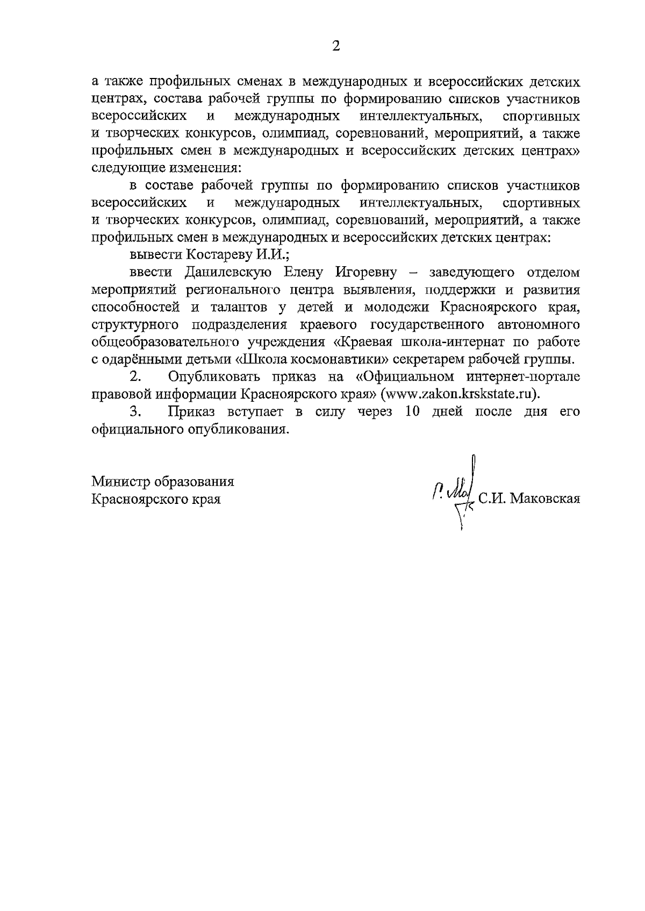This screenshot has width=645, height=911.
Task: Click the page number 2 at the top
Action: click(x=336, y=46)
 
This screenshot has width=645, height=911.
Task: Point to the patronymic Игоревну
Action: click(x=366, y=272)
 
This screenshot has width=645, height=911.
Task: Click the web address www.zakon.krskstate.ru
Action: click(x=458, y=394)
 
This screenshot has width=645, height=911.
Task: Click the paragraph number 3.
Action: click(x=134, y=412)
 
